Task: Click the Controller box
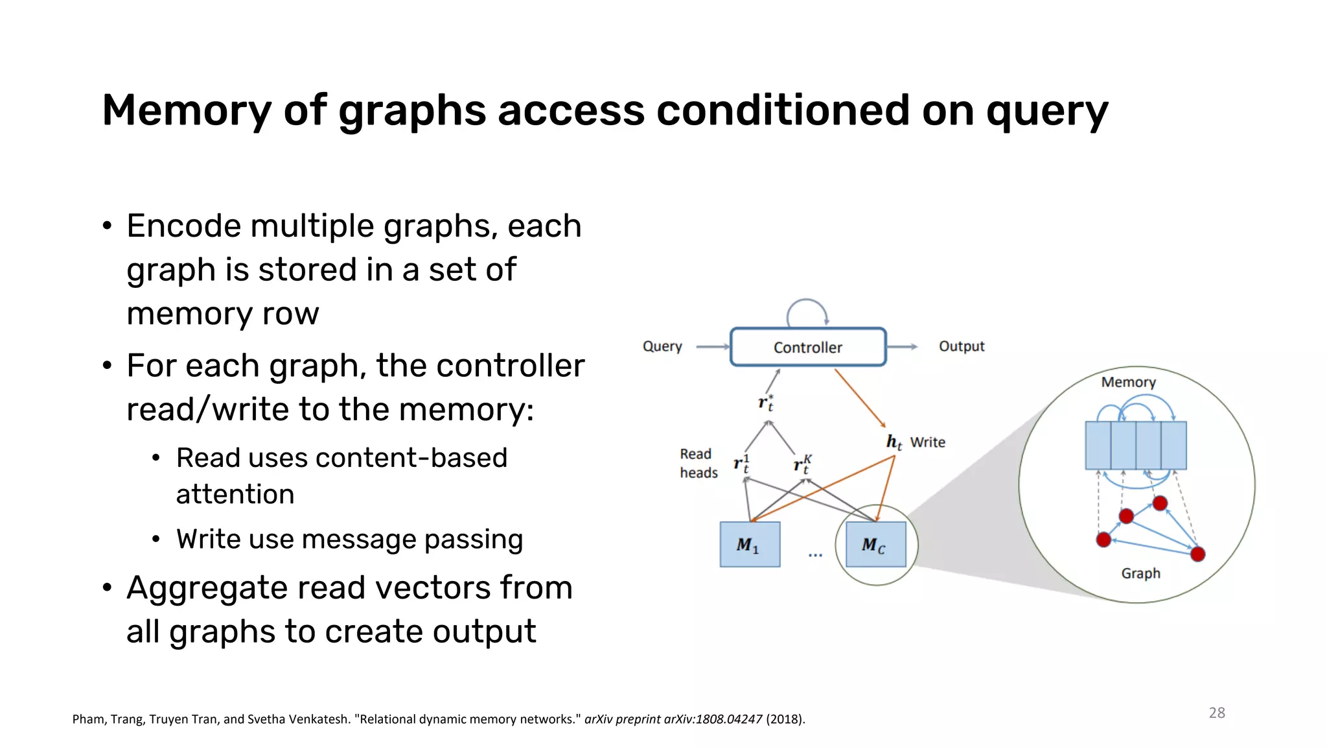(x=807, y=347)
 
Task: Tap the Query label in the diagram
(x=662, y=346)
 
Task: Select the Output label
(x=961, y=346)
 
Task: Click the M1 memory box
(x=750, y=545)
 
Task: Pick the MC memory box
(x=875, y=545)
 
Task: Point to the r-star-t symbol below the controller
(x=766, y=403)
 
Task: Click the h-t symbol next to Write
(x=894, y=442)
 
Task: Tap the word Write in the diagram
(x=927, y=442)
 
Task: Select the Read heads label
(x=698, y=463)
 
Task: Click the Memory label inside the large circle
(x=1128, y=382)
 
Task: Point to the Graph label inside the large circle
(x=1140, y=573)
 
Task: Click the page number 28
(x=1216, y=713)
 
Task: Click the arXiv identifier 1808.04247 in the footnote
(x=728, y=719)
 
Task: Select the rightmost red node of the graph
(x=1197, y=554)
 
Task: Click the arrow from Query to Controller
(x=712, y=347)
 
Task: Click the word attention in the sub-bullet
(x=235, y=494)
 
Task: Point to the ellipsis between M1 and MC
(x=815, y=555)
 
